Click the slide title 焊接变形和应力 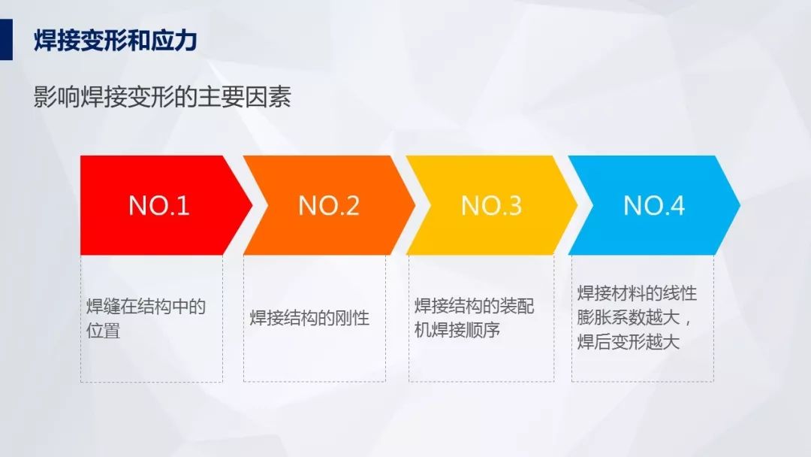coord(116,41)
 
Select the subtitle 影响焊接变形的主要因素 coord(162,96)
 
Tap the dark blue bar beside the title coord(6,39)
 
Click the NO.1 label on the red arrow coord(158,205)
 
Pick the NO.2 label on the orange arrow coord(329,205)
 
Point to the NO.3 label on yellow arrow coord(491,205)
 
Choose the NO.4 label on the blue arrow coord(654,205)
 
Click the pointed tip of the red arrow coord(252,205)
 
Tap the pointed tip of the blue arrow coord(740,205)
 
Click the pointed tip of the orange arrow coord(415,205)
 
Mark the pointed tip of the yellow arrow coord(577,205)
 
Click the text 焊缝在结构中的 coord(146,307)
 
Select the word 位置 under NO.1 coord(103,330)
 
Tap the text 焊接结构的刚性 coord(309,318)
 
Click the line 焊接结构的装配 coord(475,306)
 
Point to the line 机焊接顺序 coord(457,330)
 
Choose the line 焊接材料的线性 coord(638,293)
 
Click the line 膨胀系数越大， coord(634,317)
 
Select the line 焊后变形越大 coord(629,341)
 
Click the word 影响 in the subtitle coord(57,96)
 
